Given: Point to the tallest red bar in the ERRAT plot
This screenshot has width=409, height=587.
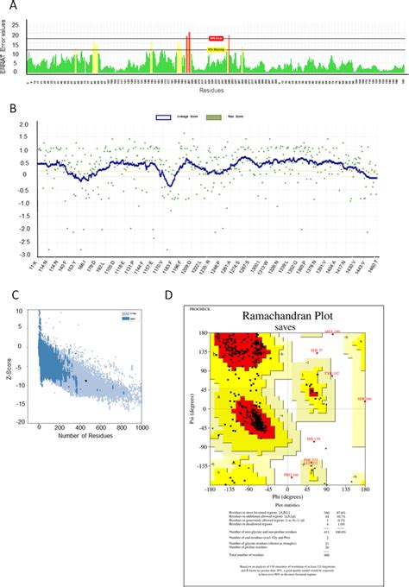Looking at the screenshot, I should coord(188,53).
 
